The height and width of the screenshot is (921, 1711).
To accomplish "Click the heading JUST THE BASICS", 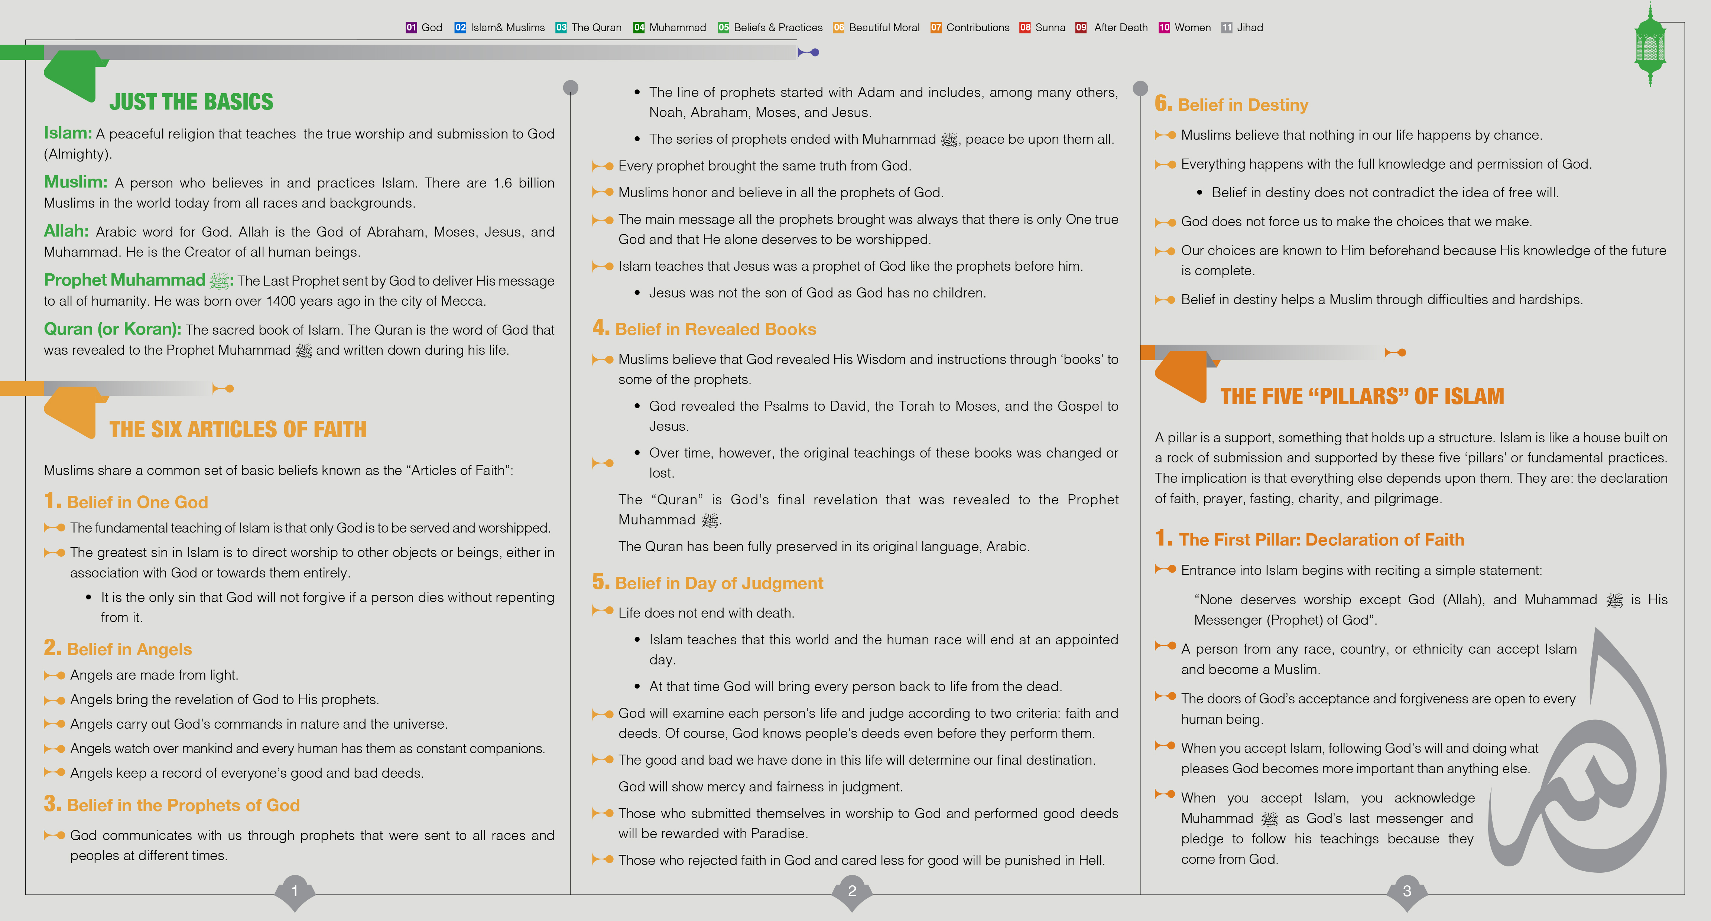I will click(x=191, y=102).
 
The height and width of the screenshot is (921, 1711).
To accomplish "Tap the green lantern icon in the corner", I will click(x=1650, y=45).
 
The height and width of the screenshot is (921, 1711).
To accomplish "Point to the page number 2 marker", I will click(x=852, y=891).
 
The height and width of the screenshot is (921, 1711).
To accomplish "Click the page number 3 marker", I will click(x=1407, y=891).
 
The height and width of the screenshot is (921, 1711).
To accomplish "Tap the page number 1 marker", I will click(x=295, y=891).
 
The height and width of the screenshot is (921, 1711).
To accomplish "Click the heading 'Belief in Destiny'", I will click(x=1242, y=105).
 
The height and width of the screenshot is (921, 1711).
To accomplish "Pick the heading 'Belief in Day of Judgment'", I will click(x=719, y=583).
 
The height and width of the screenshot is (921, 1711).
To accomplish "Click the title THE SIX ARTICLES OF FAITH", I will click(x=238, y=430).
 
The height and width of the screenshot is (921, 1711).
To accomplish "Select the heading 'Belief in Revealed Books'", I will click(x=715, y=329).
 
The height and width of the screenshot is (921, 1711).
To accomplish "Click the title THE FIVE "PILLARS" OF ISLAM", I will click(x=1361, y=396).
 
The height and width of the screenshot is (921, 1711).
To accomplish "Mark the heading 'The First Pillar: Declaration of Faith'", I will click(x=1321, y=540).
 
